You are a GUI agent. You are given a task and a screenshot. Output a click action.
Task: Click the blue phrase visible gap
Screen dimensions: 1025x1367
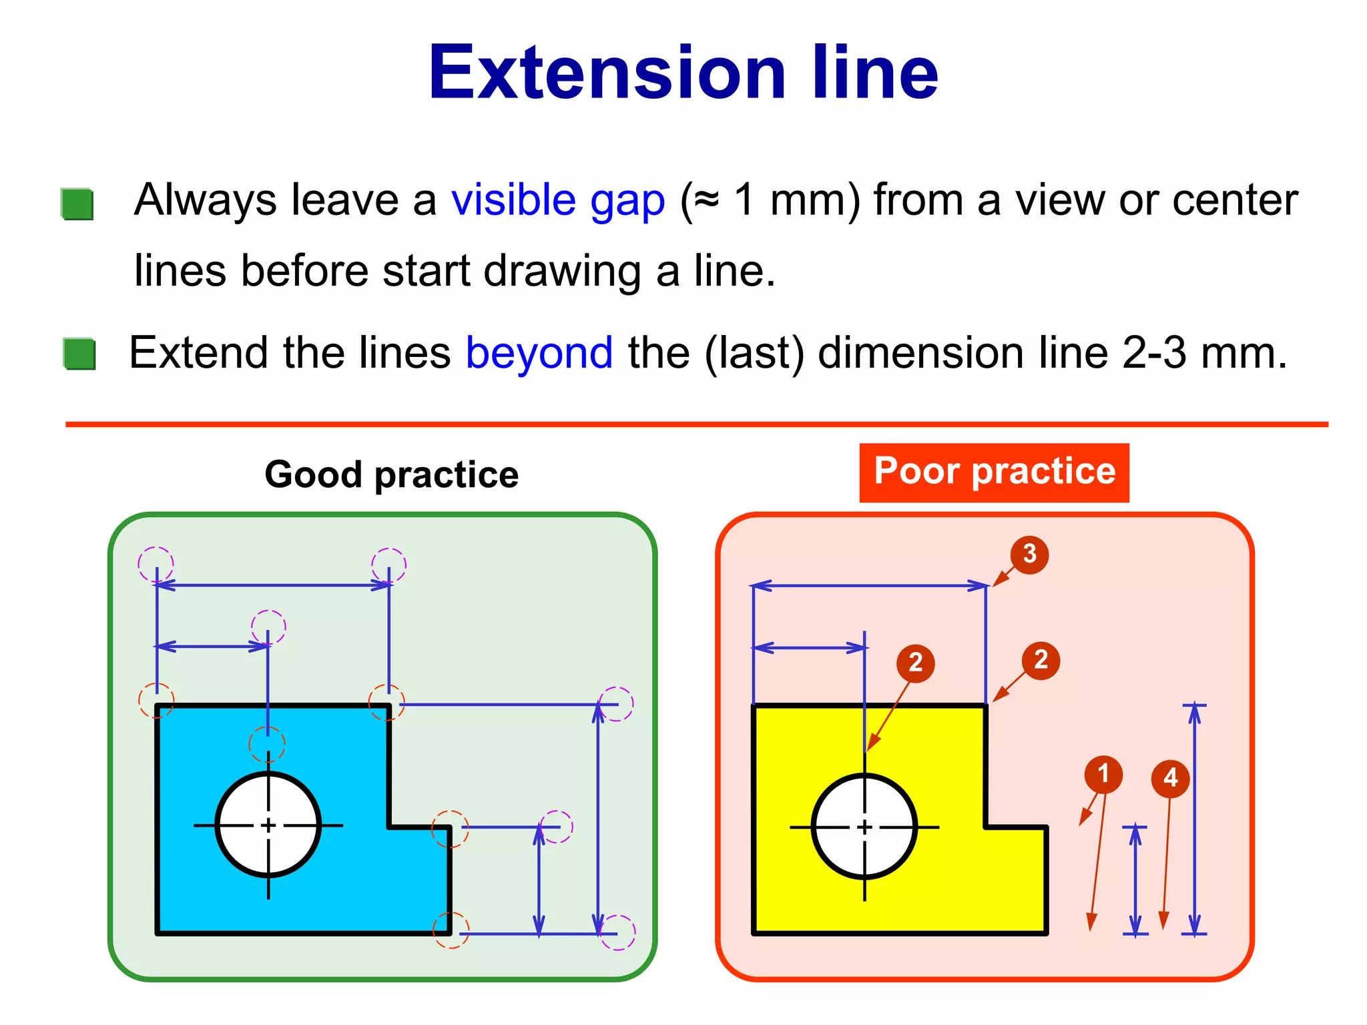point(558,200)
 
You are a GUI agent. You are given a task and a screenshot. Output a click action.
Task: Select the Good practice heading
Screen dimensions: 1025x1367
point(391,474)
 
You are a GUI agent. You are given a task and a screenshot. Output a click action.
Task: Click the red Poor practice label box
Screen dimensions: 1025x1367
point(994,472)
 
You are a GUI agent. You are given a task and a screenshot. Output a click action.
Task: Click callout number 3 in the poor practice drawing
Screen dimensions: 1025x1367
point(1029,554)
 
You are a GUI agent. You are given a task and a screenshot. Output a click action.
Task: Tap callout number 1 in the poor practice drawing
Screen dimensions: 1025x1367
point(1103,774)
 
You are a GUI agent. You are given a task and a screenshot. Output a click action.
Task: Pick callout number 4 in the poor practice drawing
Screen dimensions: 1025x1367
point(1170,778)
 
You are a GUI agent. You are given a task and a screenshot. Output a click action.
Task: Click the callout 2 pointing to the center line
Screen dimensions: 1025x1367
point(915,663)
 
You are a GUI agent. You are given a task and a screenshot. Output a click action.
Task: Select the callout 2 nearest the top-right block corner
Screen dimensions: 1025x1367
point(1041,660)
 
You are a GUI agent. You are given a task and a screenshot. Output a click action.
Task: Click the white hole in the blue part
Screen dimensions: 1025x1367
point(268,825)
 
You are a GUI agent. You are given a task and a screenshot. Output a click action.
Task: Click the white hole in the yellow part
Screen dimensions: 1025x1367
point(864,826)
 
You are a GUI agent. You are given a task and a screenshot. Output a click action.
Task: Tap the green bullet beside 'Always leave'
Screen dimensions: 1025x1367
point(77,204)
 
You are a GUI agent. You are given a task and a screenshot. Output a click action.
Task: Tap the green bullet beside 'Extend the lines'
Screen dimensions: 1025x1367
point(80,354)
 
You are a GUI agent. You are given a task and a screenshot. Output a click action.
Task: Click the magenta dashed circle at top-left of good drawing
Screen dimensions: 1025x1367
point(156,564)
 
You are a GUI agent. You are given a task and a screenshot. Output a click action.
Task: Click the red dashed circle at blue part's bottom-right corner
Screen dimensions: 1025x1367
point(451,930)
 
